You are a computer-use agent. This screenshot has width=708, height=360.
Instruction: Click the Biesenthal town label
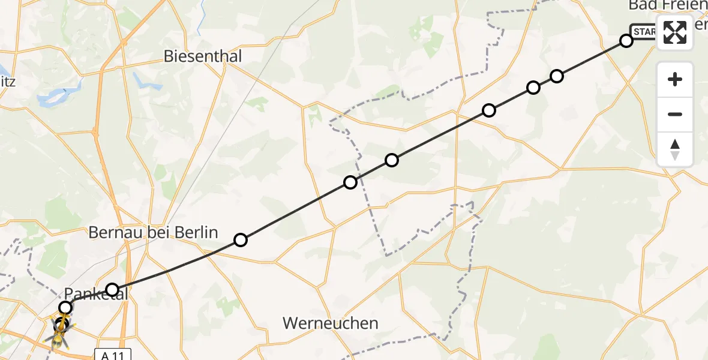(x=203, y=56)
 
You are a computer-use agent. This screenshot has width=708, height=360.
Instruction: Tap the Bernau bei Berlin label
(x=153, y=233)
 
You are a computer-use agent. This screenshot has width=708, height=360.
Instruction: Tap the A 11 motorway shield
(x=112, y=355)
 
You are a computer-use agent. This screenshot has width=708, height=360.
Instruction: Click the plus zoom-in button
(x=675, y=79)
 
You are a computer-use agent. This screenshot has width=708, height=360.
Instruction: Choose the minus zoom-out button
(x=675, y=114)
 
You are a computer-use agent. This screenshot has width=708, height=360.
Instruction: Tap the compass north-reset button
(x=675, y=149)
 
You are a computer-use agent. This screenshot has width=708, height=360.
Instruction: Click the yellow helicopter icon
(x=61, y=332)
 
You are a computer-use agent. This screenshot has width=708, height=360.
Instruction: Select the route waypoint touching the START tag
(x=626, y=41)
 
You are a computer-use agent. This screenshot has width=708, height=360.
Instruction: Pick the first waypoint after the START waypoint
(x=557, y=76)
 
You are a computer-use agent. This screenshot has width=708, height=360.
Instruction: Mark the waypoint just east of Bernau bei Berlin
(x=241, y=240)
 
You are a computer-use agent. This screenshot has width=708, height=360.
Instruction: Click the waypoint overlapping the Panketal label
(x=112, y=290)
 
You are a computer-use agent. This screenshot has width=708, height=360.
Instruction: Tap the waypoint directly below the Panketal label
(x=65, y=308)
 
